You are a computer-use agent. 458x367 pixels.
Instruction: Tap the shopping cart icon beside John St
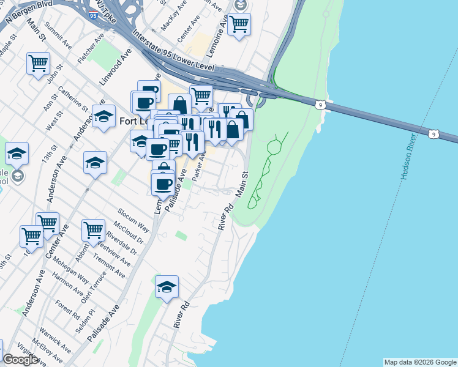(x=38, y=63)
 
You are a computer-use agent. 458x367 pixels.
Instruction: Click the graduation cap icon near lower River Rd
(x=166, y=288)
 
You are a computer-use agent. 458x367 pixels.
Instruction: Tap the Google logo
(x=20, y=360)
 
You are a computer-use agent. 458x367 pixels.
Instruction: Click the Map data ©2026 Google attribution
(x=420, y=362)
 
